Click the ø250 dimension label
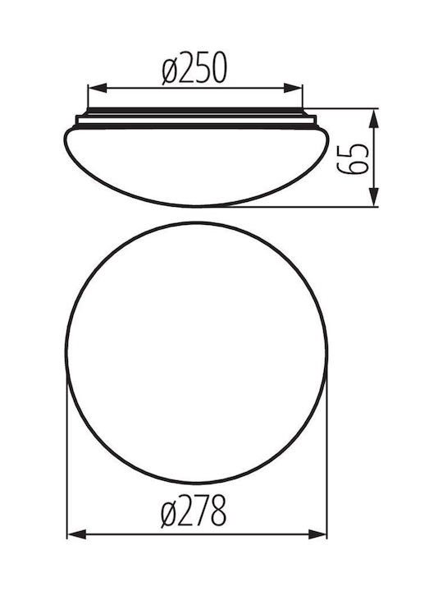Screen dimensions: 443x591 (x=194, y=67)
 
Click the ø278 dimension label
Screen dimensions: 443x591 (x=194, y=511)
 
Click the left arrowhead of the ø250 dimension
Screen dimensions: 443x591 (x=97, y=88)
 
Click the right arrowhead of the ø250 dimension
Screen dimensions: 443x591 (x=293, y=88)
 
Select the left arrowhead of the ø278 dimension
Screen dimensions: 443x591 (x=77, y=534)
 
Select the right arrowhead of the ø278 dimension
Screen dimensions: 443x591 (x=317, y=534)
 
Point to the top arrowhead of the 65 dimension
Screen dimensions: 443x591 (x=373, y=119)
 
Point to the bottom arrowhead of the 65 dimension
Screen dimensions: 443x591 (x=373, y=197)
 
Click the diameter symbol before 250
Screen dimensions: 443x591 (x=170, y=68)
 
